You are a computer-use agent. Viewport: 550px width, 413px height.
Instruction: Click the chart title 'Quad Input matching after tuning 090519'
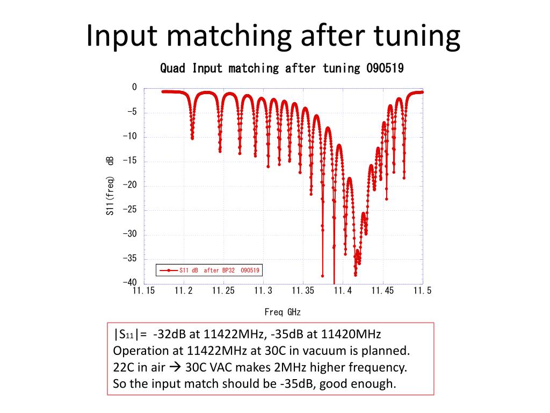coord(282,68)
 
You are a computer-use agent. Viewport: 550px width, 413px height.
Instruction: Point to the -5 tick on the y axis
coord(132,112)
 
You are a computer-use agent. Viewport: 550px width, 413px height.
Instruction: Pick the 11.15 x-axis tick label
coord(143,291)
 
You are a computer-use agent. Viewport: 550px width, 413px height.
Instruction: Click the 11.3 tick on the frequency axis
coord(263,291)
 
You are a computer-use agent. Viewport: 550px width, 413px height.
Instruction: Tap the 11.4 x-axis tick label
coord(343,291)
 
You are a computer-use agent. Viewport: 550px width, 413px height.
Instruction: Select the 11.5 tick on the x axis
coord(423,291)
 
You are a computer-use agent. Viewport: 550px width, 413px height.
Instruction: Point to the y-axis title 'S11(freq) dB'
coord(110,186)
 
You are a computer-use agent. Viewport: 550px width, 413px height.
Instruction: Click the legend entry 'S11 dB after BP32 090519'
coord(220,270)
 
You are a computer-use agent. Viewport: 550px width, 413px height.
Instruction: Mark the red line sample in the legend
coord(168,270)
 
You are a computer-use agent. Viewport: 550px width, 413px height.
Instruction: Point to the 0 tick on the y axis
coord(134,88)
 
